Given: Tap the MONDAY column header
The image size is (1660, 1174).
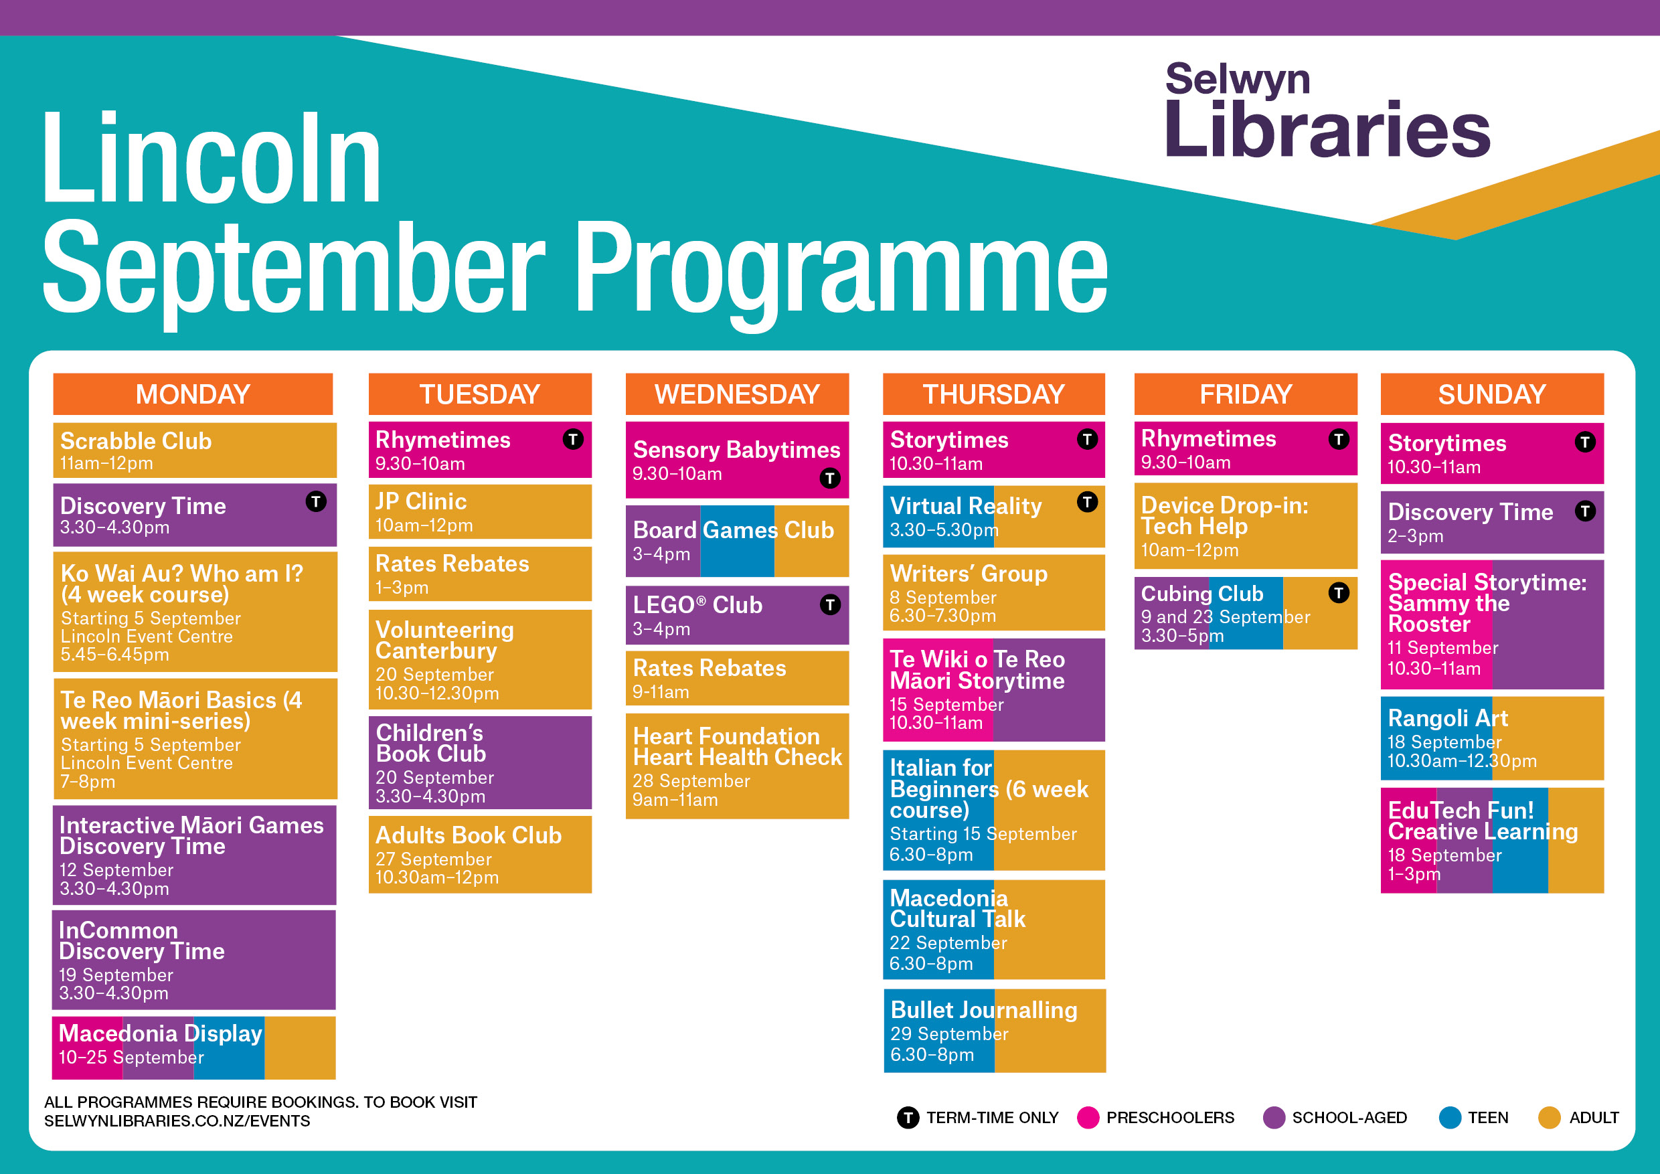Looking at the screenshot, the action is point(193,394).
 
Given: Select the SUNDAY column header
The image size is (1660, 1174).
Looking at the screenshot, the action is point(1491,394).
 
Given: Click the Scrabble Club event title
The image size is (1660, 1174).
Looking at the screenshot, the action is point(136,441).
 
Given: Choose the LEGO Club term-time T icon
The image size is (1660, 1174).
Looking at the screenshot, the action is point(830,604).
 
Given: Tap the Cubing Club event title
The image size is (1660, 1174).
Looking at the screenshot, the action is point(1201,593).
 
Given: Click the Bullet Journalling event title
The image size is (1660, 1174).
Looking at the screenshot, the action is point(983,1009).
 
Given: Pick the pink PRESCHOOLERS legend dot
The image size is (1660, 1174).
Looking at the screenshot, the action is point(1088,1118).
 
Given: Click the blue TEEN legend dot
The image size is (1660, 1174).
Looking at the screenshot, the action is point(1450,1118).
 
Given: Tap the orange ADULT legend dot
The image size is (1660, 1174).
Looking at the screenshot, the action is point(1550,1118).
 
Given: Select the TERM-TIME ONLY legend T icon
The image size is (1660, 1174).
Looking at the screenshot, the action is point(908,1118).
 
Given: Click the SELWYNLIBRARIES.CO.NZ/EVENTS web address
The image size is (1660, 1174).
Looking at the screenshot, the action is point(177,1121).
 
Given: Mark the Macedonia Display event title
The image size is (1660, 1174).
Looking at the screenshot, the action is point(161,1033).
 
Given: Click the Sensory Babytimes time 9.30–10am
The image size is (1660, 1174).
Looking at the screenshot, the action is point(677,475).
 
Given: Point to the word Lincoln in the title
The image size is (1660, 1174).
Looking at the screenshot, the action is point(211,159).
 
